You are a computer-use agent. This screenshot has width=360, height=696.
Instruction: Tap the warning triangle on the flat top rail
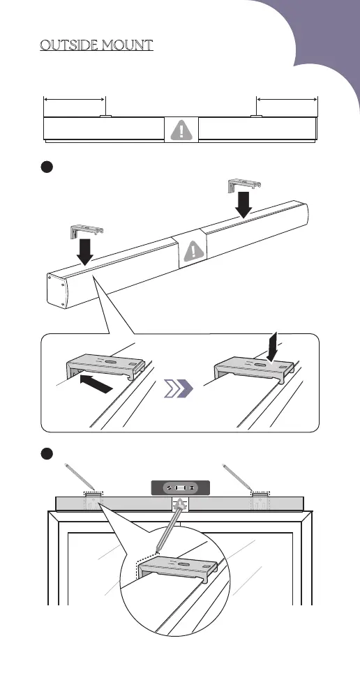[x=181, y=130]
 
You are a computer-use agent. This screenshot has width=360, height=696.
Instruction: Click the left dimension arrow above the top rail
[x=74, y=99]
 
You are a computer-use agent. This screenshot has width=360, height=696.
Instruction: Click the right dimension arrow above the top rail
[x=287, y=99]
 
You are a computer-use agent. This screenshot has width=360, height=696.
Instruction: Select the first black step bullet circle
[x=47, y=167]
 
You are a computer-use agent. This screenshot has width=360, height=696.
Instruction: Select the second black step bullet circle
[x=47, y=453]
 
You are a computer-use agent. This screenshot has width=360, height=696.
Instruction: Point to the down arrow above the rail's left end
[x=84, y=252]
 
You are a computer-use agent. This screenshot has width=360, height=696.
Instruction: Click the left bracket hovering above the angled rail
[x=86, y=233]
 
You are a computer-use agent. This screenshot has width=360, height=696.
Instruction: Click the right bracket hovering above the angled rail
[x=243, y=185]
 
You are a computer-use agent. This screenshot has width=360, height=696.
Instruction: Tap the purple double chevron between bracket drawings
[x=179, y=388]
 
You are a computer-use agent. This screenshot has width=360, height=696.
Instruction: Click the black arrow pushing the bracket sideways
[x=96, y=384]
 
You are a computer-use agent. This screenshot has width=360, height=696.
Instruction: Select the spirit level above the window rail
[x=180, y=487]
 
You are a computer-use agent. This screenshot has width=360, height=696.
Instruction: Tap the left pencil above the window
[x=79, y=477]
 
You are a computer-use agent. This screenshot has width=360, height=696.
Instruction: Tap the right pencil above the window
[x=237, y=477]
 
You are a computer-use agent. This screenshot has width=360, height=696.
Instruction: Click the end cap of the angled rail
[x=59, y=291]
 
